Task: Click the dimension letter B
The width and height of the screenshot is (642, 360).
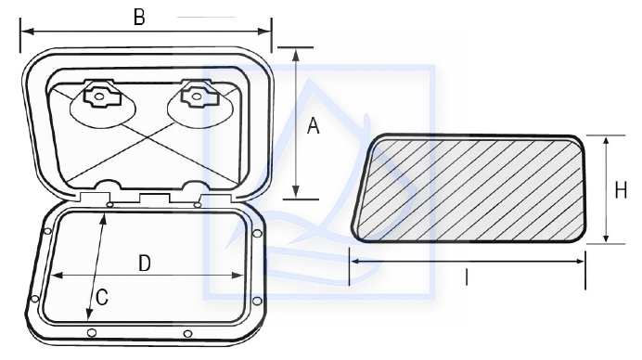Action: [139, 18]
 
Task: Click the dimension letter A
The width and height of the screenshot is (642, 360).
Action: [314, 126]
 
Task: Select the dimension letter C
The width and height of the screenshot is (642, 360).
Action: [102, 297]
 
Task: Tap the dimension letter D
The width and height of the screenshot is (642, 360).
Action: [145, 264]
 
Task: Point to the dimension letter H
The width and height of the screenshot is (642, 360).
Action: [621, 190]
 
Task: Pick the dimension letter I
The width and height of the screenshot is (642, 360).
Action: [467, 277]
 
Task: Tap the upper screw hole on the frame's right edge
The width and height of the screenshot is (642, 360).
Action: [257, 234]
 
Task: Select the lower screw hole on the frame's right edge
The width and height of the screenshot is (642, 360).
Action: [257, 301]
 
